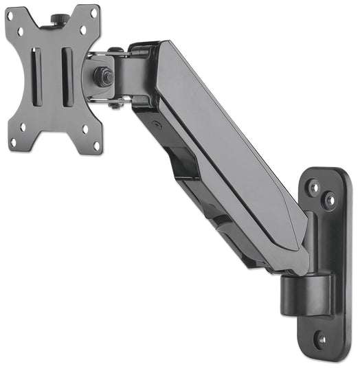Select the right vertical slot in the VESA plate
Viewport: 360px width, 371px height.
click(67, 76)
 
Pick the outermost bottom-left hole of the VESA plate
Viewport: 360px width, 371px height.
click(12, 142)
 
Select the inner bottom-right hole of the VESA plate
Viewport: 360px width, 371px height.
click(85, 128)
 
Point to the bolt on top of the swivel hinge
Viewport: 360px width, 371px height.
click(115, 50)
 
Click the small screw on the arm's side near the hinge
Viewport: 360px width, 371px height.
click(157, 124)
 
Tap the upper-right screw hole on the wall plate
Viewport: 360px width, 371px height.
click(331, 201)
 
